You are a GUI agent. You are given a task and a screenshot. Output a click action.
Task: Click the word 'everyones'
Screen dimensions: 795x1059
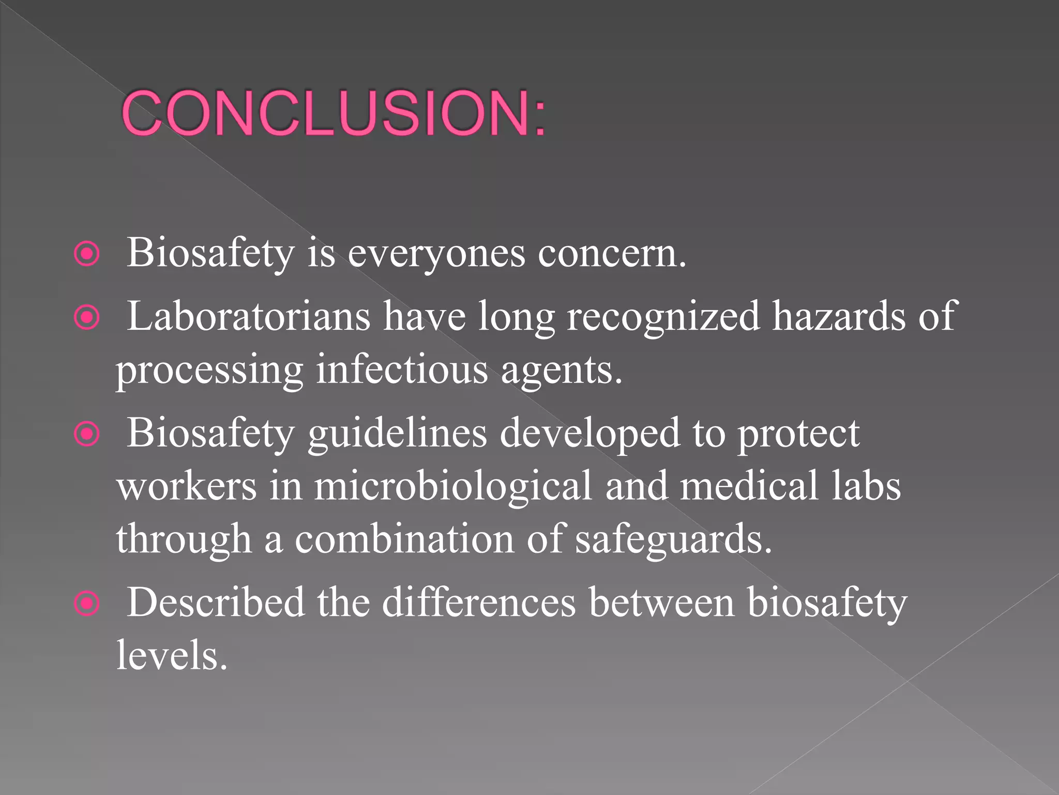click(436, 254)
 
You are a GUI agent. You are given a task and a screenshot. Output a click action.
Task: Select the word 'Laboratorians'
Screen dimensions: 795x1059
click(249, 316)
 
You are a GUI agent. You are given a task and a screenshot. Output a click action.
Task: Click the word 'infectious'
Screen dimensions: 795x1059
click(402, 370)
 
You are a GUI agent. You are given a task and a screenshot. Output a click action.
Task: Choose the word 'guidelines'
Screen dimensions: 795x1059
click(397, 434)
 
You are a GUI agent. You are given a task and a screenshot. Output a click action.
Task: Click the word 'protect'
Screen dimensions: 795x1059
click(798, 434)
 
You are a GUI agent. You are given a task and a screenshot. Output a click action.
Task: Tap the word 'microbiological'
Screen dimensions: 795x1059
click(453, 487)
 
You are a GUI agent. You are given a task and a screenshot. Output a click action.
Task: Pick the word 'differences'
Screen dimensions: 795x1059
click(479, 602)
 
